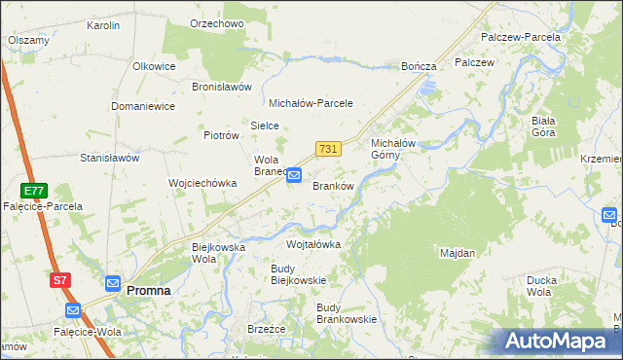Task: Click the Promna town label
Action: coord(149,290)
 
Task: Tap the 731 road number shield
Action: coord(328,149)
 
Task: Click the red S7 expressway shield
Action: coord(60,280)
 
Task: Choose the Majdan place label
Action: coord(458,253)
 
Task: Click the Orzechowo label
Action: coord(217,23)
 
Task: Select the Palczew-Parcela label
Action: coord(521,37)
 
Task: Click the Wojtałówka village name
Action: coord(313,244)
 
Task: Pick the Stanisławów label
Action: coord(110,157)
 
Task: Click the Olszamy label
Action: coord(29,40)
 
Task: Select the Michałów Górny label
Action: coord(393,149)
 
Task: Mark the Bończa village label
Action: coord(420,66)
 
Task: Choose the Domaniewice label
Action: coord(143,105)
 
